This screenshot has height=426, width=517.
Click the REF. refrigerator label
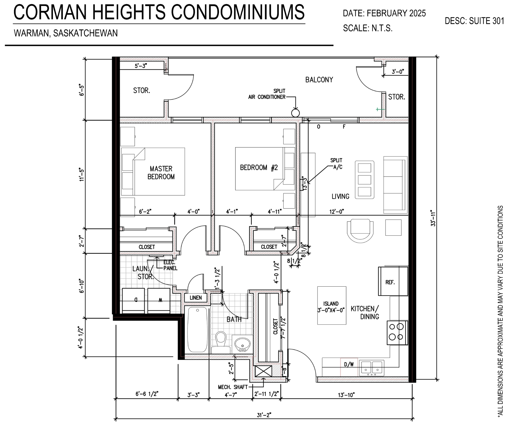pyautogui.click(x=390, y=282)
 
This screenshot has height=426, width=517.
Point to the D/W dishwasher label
pyautogui.click(x=349, y=364)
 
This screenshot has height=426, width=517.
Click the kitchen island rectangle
pyautogui.click(x=332, y=305)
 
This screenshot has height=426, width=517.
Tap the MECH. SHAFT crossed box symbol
pyautogui.click(x=263, y=371)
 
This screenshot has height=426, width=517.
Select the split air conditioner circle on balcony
pyautogui.click(x=295, y=113)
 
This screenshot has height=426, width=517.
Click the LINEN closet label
pyautogui.click(x=196, y=298)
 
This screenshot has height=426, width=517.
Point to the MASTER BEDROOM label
pyautogui.click(x=161, y=173)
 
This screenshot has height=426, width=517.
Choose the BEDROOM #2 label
pyautogui.click(x=259, y=168)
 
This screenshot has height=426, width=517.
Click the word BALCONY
pyautogui.click(x=319, y=80)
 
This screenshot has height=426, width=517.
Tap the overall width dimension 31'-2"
pyautogui.click(x=264, y=415)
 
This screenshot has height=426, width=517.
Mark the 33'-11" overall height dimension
pyautogui.click(x=433, y=219)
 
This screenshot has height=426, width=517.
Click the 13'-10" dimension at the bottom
pyautogui.click(x=346, y=395)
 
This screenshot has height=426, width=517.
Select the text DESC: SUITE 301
pyautogui.click(x=474, y=21)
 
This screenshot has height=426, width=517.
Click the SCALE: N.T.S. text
pyautogui.click(x=368, y=28)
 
